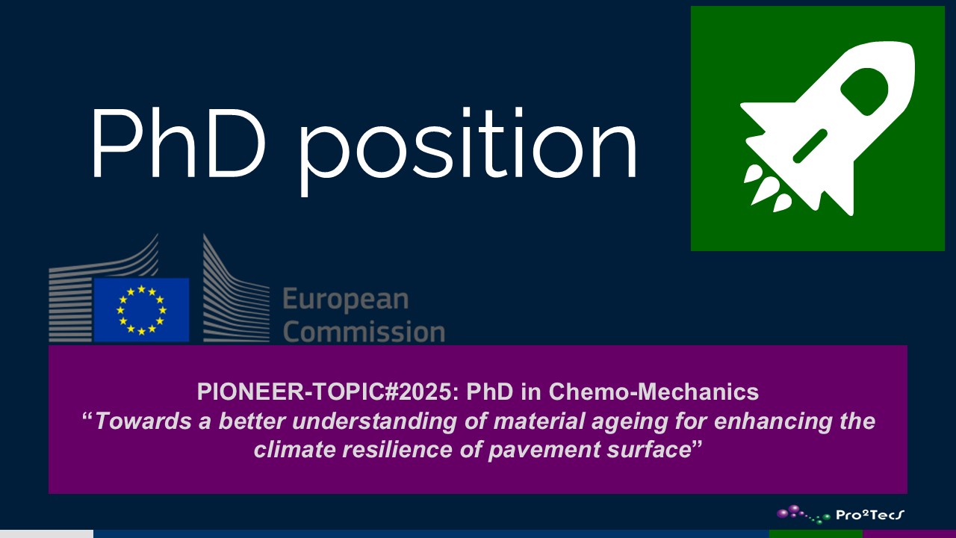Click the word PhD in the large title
click(x=178, y=143)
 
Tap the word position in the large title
click(x=468, y=151)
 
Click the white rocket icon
click(x=828, y=129)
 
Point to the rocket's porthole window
click(x=865, y=91)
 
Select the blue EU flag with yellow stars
click(x=141, y=310)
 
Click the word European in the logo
click(x=346, y=300)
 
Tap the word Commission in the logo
click(x=364, y=332)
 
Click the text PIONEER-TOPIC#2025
click(x=328, y=391)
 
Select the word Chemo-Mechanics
click(x=654, y=391)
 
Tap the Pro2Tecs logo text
click(x=870, y=515)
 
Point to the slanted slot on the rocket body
click(x=810, y=146)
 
